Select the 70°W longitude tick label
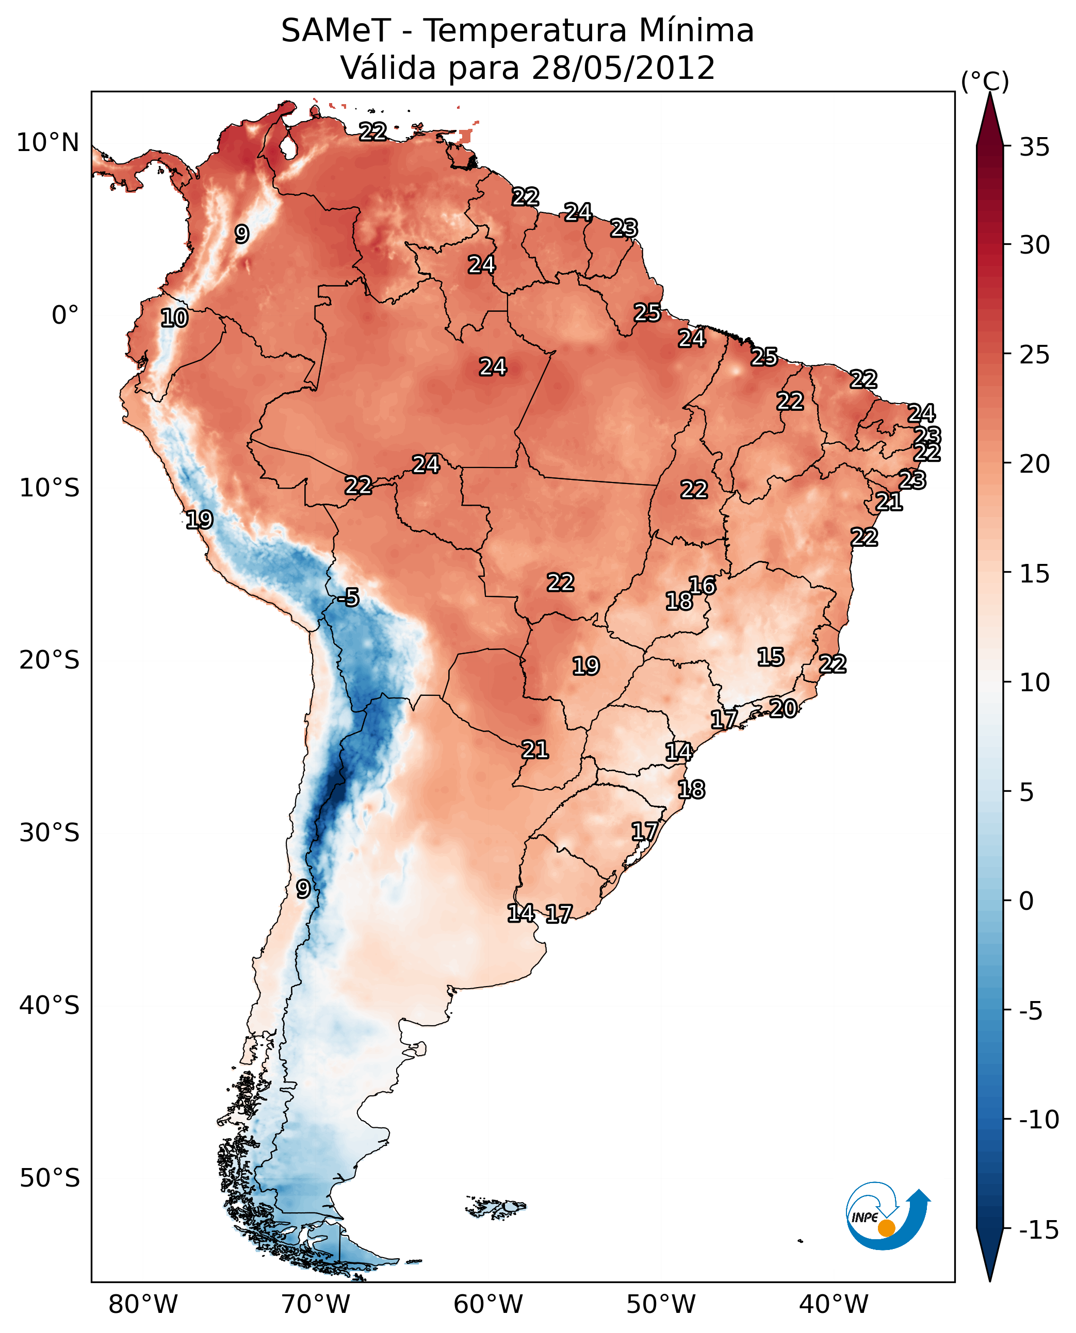pos(316,1304)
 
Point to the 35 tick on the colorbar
pos(1034,147)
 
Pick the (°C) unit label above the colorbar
pos(985,81)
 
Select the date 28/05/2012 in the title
pos(623,68)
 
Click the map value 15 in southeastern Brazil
pos(771,657)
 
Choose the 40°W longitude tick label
pos(834,1304)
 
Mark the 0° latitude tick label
pos(65,315)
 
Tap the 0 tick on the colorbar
pos(1026,901)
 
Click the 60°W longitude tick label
pos(488,1304)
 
